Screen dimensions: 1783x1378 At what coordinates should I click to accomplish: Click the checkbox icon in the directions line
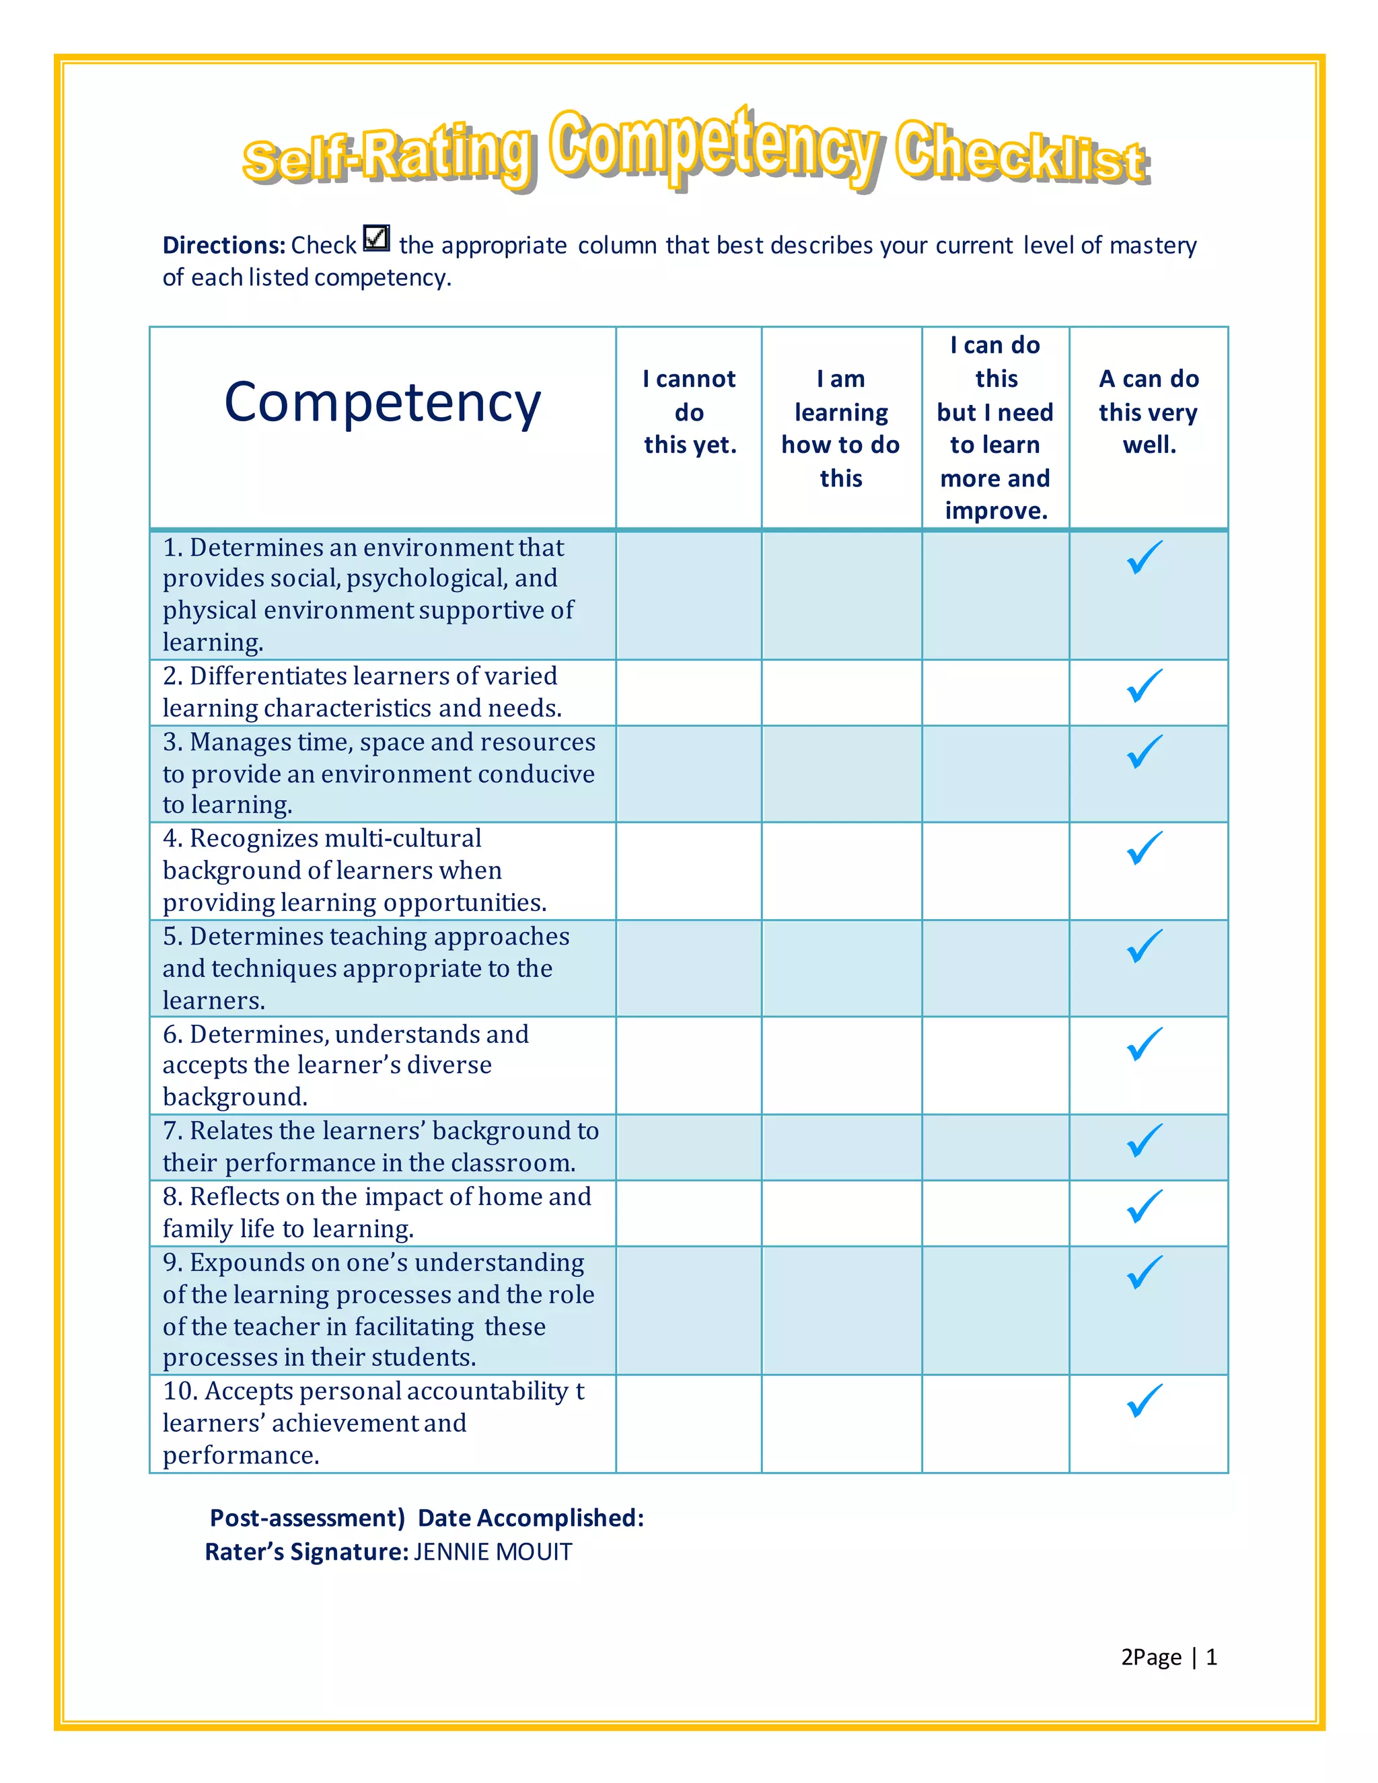click(x=376, y=238)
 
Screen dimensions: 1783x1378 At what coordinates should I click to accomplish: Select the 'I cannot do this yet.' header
click(x=689, y=412)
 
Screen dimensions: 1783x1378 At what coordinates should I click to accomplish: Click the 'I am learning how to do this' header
click(x=841, y=428)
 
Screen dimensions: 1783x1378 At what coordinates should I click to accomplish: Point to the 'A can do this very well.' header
click(x=1149, y=412)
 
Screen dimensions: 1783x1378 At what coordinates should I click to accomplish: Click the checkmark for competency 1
click(x=1145, y=558)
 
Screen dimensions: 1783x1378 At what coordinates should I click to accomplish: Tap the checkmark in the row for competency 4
click(x=1145, y=848)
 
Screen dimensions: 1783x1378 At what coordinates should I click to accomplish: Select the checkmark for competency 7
click(x=1145, y=1140)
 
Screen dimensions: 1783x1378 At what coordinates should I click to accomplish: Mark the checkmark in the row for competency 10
click(x=1145, y=1401)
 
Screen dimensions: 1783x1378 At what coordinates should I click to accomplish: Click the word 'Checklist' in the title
click(x=1022, y=153)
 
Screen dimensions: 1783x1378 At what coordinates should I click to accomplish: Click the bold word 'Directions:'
click(x=223, y=245)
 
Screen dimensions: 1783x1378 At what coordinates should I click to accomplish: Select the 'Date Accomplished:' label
click(x=531, y=1518)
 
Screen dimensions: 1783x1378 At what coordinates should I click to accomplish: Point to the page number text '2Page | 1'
click(x=1168, y=1657)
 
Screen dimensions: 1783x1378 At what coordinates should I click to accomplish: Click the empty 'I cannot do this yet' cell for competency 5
click(x=689, y=968)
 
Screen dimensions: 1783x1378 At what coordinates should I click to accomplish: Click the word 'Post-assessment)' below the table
click(x=307, y=1518)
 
